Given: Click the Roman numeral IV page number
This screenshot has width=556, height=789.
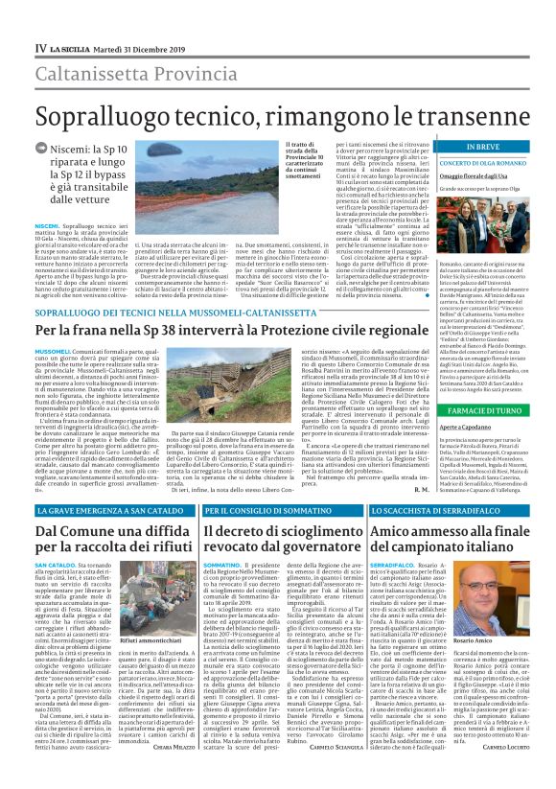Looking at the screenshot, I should coord(40,47).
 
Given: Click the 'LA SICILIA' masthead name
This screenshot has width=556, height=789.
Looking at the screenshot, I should coord(71,47).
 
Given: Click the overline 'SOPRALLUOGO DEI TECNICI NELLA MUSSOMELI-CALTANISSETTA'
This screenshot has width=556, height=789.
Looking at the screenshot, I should coord(170,313).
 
